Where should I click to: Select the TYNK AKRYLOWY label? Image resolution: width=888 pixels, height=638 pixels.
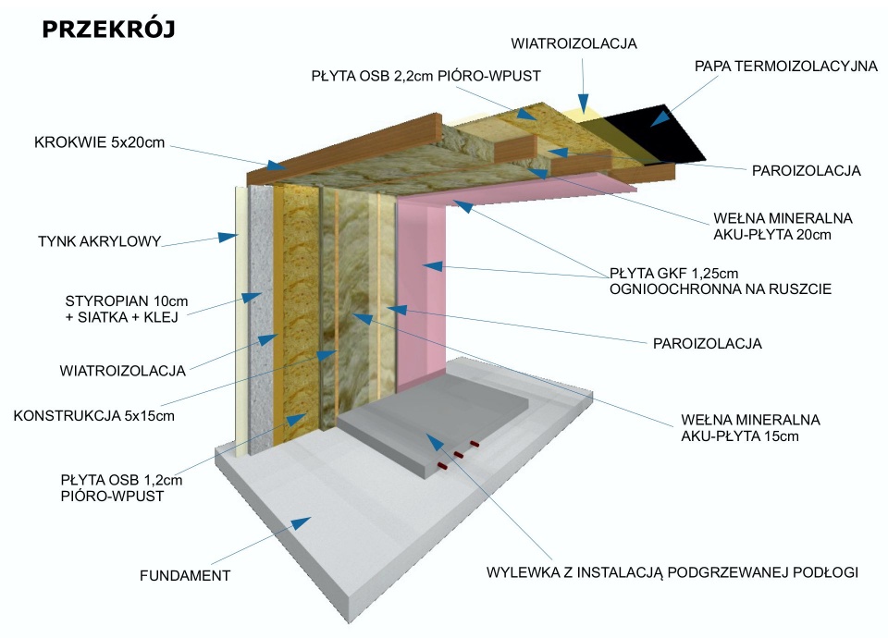click(100, 242)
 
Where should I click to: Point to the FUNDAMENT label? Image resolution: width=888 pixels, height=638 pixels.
click(185, 575)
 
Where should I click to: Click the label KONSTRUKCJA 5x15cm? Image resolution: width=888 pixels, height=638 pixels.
click(94, 415)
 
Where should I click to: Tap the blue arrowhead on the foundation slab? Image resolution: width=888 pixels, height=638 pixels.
click(301, 523)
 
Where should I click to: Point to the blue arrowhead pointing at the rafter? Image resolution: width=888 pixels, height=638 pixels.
click(276, 166)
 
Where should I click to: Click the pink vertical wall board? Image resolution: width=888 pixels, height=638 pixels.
click(426, 296)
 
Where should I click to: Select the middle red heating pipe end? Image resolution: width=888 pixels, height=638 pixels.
click(460, 454)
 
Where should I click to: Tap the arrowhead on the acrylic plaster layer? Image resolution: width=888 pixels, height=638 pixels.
click(227, 238)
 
